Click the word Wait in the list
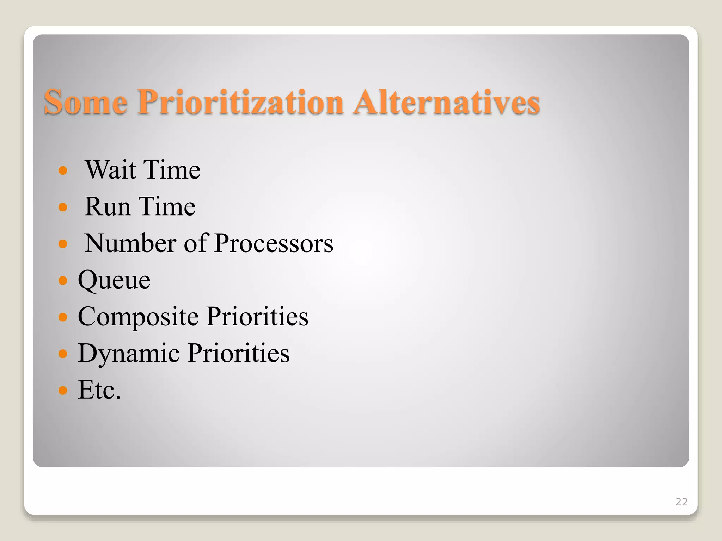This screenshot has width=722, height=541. (x=111, y=170)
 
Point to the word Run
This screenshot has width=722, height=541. (x=108, y=206)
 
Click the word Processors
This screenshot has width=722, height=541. (x=274, y=243)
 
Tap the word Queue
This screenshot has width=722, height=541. (x=114, y=280)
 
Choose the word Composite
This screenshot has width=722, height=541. (x=138, y=316)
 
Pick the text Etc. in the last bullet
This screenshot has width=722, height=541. (x=99, y=390)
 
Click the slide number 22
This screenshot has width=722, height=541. (x=681, y=502)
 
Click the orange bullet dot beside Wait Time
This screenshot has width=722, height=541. (x=63, y=171)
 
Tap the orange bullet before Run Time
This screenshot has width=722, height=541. (x=63, y=207)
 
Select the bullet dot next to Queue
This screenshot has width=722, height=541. (x=63, y=280)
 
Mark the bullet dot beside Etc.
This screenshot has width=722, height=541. (x=63, y=390)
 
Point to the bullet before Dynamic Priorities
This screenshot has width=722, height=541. (x=63, y=354)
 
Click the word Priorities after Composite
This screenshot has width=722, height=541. (x=257, y=316)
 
